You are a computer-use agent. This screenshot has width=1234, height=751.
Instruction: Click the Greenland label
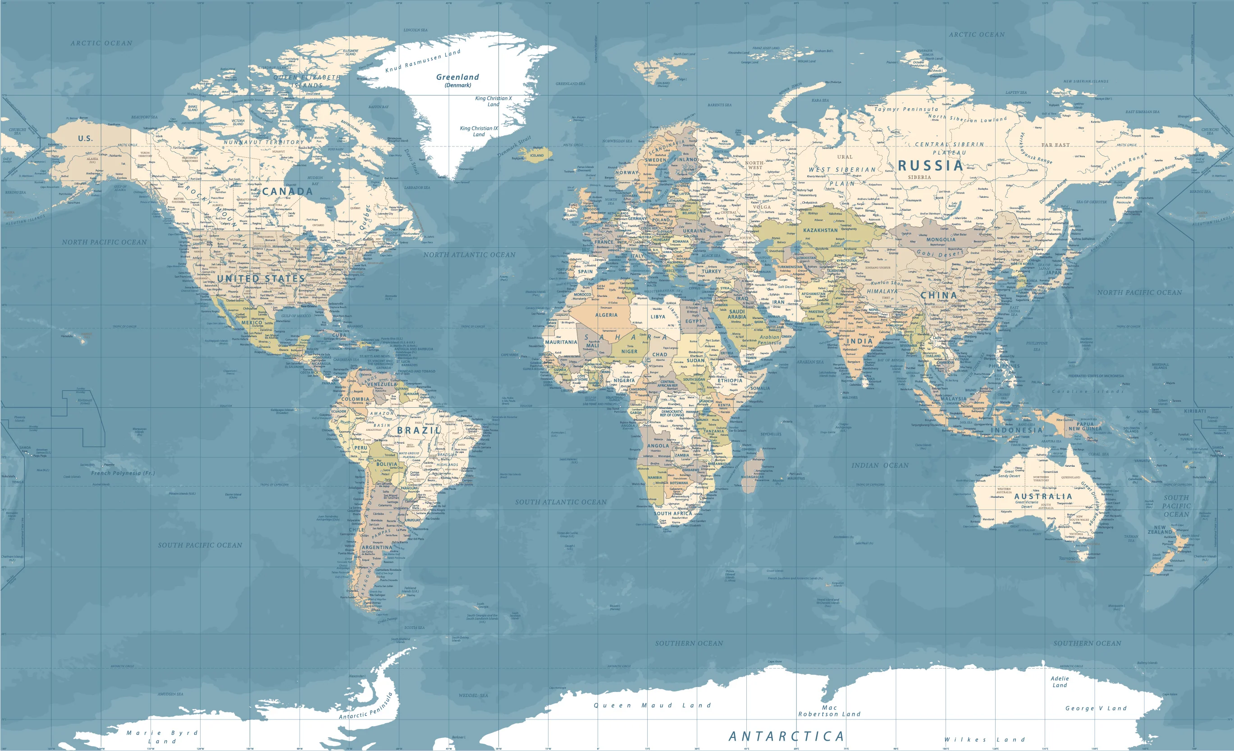(x=457, y=77)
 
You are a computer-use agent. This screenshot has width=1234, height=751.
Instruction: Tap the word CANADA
(x=287, y=191)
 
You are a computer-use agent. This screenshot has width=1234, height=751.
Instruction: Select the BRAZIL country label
(x=419, y=431)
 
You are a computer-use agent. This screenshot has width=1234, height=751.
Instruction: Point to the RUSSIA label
(x=931, y=166)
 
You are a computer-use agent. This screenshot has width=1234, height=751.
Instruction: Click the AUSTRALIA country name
(x=1043, y=496)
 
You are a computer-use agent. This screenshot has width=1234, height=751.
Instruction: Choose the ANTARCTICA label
(x=786, y=736)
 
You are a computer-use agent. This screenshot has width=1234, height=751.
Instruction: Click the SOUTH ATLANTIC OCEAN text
(x=561, y=502)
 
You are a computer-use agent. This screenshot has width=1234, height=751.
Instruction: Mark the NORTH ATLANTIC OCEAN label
(x=469, y=255)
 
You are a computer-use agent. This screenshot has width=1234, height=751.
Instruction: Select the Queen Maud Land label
(x=652, y=705)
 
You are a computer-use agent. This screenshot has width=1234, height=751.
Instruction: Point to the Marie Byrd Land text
(x=162, y=737)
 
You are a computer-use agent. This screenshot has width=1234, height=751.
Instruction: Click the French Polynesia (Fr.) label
(x=123, y=473)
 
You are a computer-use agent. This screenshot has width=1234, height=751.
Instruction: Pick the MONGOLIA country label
(x=941, y=240)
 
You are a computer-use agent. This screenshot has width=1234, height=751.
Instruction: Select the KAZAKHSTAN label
(x=820, y=230)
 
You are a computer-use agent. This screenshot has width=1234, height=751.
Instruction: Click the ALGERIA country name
(x=606, y=315)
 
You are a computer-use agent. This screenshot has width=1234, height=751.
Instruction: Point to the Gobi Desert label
(x=939, y=253)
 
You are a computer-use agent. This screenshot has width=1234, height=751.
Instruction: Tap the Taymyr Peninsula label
(x=906, y=109)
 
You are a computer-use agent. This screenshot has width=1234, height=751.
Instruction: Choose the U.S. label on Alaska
(x=85, y=138)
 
